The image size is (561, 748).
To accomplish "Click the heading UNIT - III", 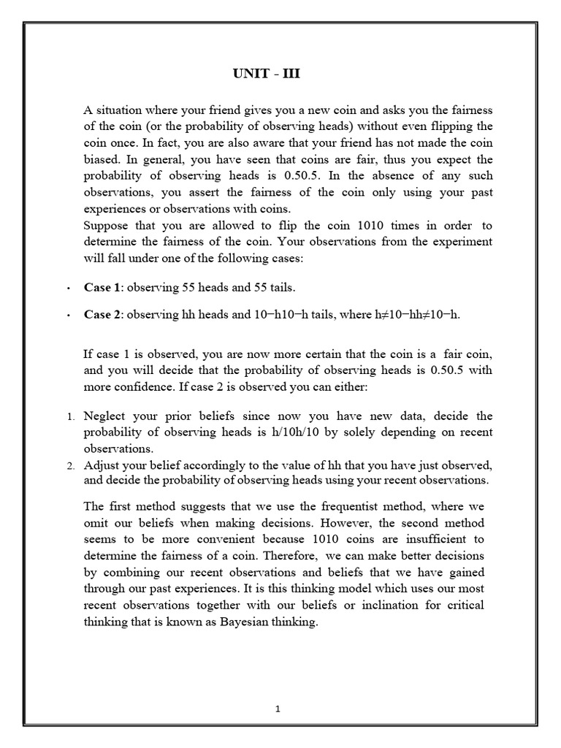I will [266, 74].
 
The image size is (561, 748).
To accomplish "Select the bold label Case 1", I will [102, 287].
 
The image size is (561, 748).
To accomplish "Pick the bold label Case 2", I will [102, 314].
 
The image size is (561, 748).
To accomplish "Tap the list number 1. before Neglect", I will [71, 417].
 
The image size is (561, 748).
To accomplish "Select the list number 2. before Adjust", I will [71, 466].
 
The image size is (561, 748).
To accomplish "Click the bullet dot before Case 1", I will [68, 289].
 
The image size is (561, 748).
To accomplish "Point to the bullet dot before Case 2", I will [68, 316].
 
